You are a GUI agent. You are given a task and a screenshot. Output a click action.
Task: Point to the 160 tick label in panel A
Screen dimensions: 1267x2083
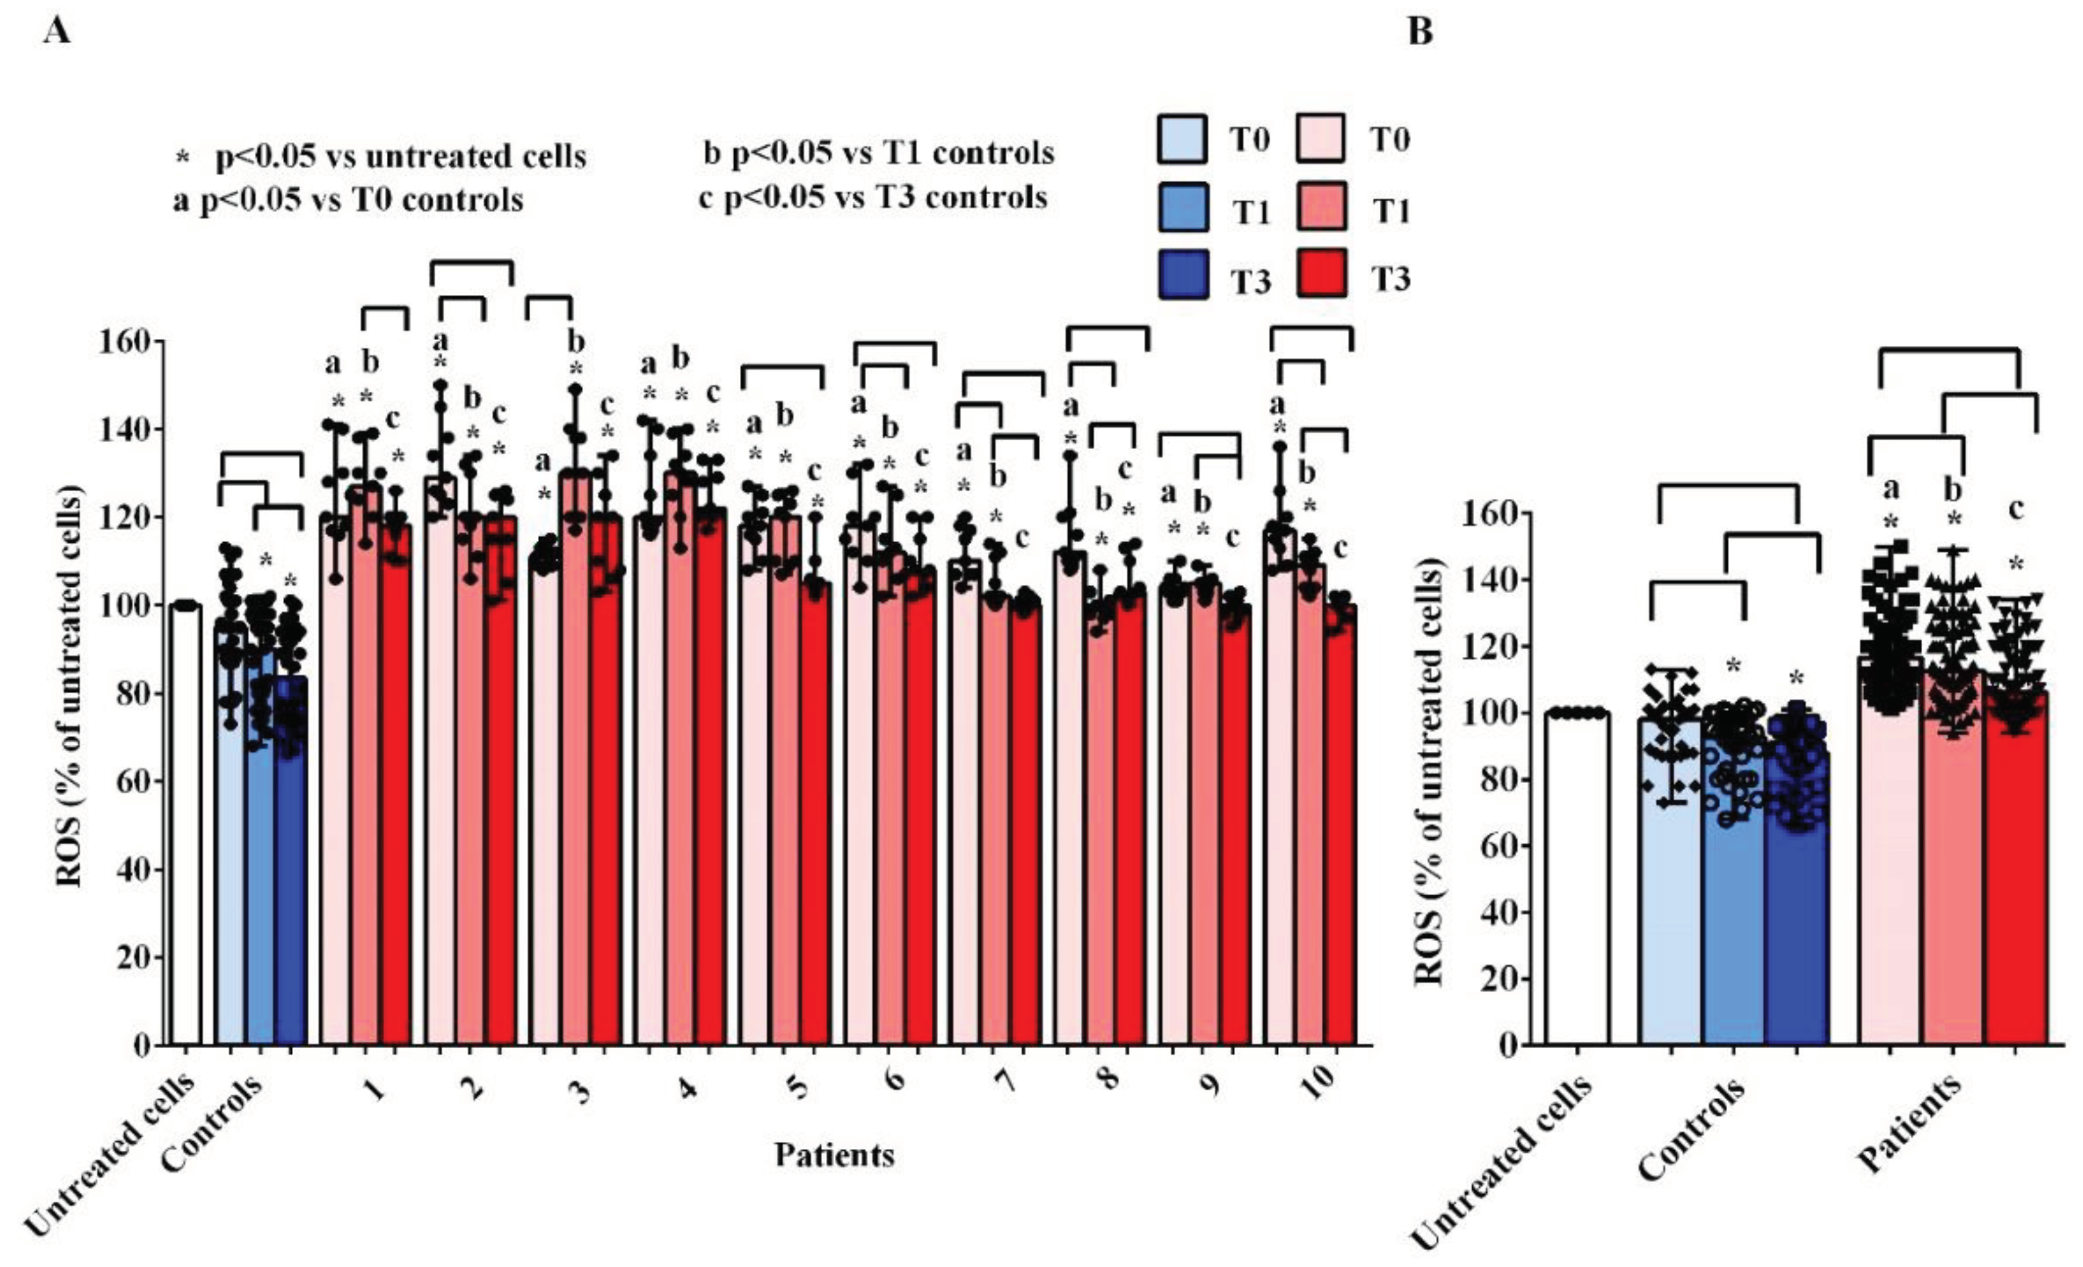127,341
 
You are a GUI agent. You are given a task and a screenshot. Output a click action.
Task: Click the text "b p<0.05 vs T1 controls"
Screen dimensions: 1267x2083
879,153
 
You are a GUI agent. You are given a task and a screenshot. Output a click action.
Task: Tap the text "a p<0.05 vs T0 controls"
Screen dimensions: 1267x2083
348,200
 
